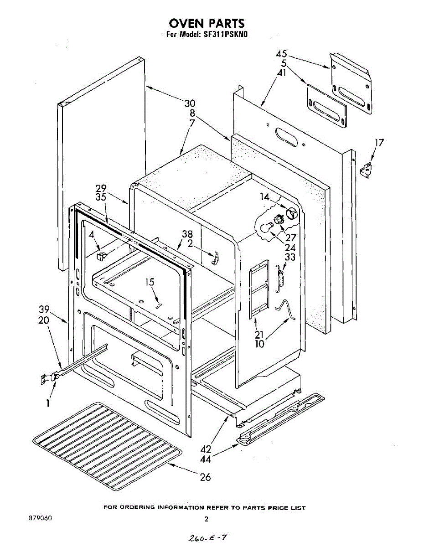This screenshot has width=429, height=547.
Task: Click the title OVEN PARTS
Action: tap(207, 23)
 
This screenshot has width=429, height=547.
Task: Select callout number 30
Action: tap(190, 103)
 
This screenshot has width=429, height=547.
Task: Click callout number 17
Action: tap(379, 143)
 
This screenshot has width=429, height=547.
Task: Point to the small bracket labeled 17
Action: tap(365, 171)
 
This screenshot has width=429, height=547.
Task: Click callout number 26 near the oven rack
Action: tap(206, 477)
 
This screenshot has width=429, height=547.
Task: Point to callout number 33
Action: tap(289, 257)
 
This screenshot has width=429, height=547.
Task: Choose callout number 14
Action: tap(265, 197)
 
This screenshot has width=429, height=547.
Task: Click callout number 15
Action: tap(150, 282)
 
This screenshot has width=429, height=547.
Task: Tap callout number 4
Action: tap(92, 235)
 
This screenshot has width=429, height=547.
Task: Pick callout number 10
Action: tap(259, 344)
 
